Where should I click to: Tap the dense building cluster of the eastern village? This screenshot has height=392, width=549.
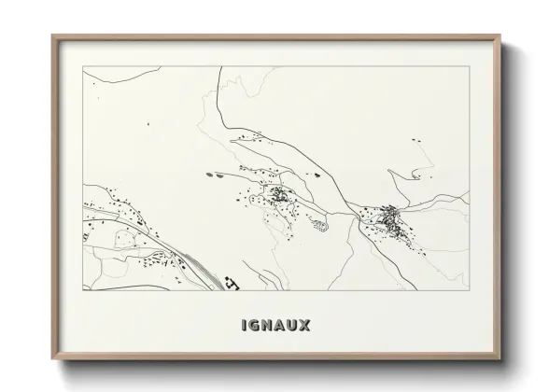pyautogui.click(x=392, y=219)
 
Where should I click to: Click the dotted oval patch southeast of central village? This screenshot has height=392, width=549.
pyautogui.click(x=317, y=223)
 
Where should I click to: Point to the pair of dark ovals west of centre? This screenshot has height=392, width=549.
pyautogui.click(x=214, y=173)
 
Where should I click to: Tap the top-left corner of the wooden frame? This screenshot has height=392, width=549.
pyautogui.click(x=52, y=35)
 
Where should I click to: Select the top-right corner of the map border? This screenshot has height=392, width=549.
pyautogui.click(x=469, y=66)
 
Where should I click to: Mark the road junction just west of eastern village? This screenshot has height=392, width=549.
pyautogui.click(x=356, y=213)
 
